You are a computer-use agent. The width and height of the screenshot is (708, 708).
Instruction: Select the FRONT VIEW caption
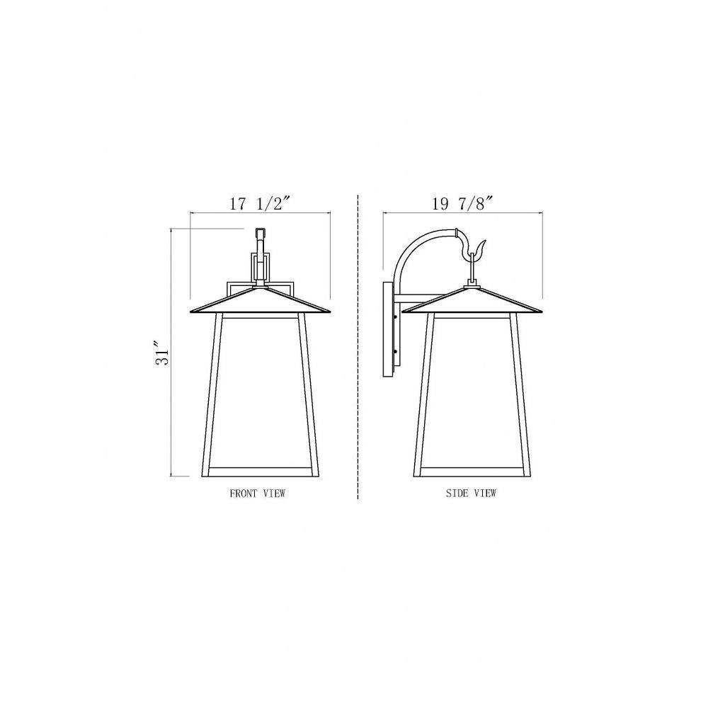[x=258, y=493]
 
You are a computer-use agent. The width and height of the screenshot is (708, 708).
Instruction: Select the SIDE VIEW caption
[x=471, y=493]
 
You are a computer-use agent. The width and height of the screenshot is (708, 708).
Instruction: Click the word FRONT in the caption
[x=244, y=493]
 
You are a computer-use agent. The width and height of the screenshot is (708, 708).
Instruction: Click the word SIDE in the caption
[x=456, y=493]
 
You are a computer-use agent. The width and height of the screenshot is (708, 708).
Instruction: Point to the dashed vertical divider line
[x=358, y=347]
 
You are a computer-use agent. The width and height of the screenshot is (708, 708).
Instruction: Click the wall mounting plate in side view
[x=388, y=330]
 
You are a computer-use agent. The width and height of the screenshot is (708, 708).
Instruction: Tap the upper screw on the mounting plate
[x=396, y=317]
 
